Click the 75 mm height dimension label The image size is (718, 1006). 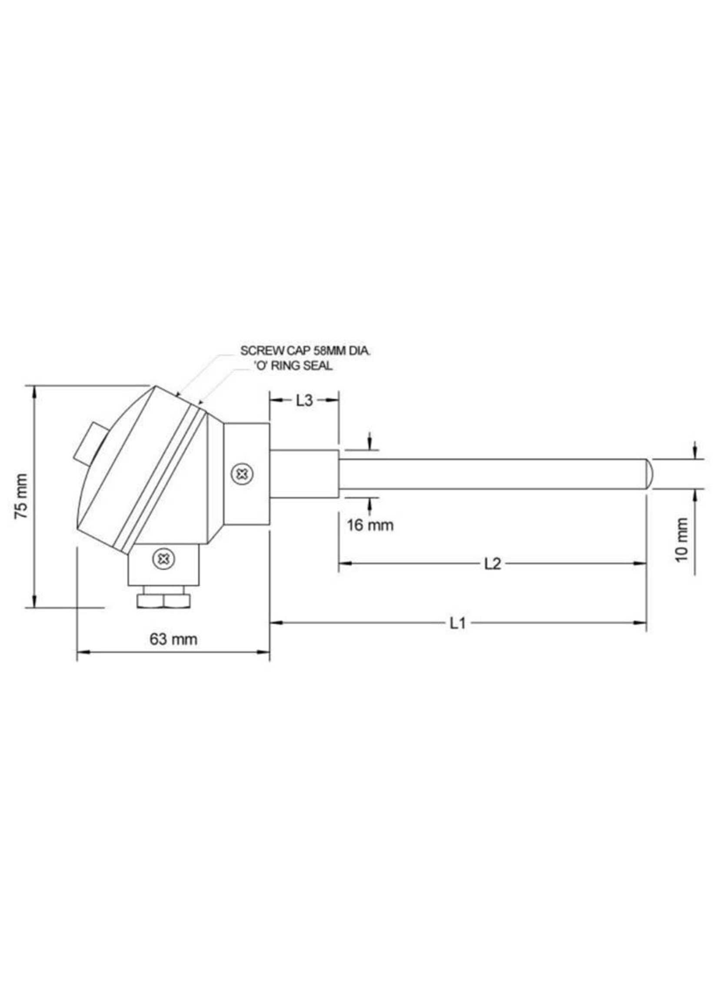21,496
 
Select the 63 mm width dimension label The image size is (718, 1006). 173,639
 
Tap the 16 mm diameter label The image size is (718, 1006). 369,525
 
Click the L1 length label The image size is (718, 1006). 458,624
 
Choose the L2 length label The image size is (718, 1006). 492,564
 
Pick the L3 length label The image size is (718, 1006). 304,401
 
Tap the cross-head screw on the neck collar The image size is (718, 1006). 242,474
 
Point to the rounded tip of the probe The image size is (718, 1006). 649,474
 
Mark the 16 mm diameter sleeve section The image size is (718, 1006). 304,474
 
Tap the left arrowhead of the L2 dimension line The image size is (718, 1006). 345,563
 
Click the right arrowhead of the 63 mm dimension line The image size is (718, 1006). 264,652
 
